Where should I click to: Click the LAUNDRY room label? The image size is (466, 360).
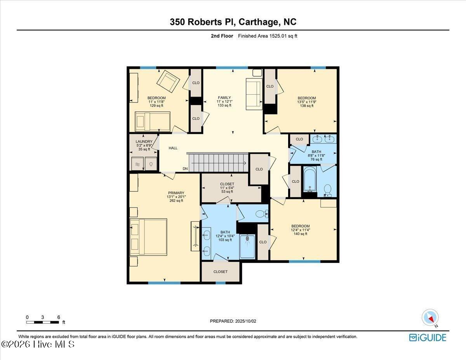(144, 142)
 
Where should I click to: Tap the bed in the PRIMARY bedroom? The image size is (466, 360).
(148, 237)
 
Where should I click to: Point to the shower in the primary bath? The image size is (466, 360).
(247, 247)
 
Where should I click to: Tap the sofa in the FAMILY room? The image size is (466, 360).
(254, 94)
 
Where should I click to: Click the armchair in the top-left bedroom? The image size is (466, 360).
(168, 81)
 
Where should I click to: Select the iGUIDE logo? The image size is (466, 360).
(428, 337)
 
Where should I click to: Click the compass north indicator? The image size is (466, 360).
(430, 317)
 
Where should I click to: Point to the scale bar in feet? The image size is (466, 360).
(43, 322)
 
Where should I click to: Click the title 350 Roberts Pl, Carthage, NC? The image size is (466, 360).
(233, 22)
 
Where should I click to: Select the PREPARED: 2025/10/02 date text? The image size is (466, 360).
(233, 321)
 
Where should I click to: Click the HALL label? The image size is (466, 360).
(173, 148)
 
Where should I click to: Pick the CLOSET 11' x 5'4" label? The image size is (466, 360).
(227, 188)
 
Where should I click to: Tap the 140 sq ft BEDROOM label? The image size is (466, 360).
(301, 230)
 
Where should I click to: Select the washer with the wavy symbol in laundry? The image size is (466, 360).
(137, 164)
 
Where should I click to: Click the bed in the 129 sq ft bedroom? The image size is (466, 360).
(152, 122)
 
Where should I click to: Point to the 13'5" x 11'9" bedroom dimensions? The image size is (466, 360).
(306, 102)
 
